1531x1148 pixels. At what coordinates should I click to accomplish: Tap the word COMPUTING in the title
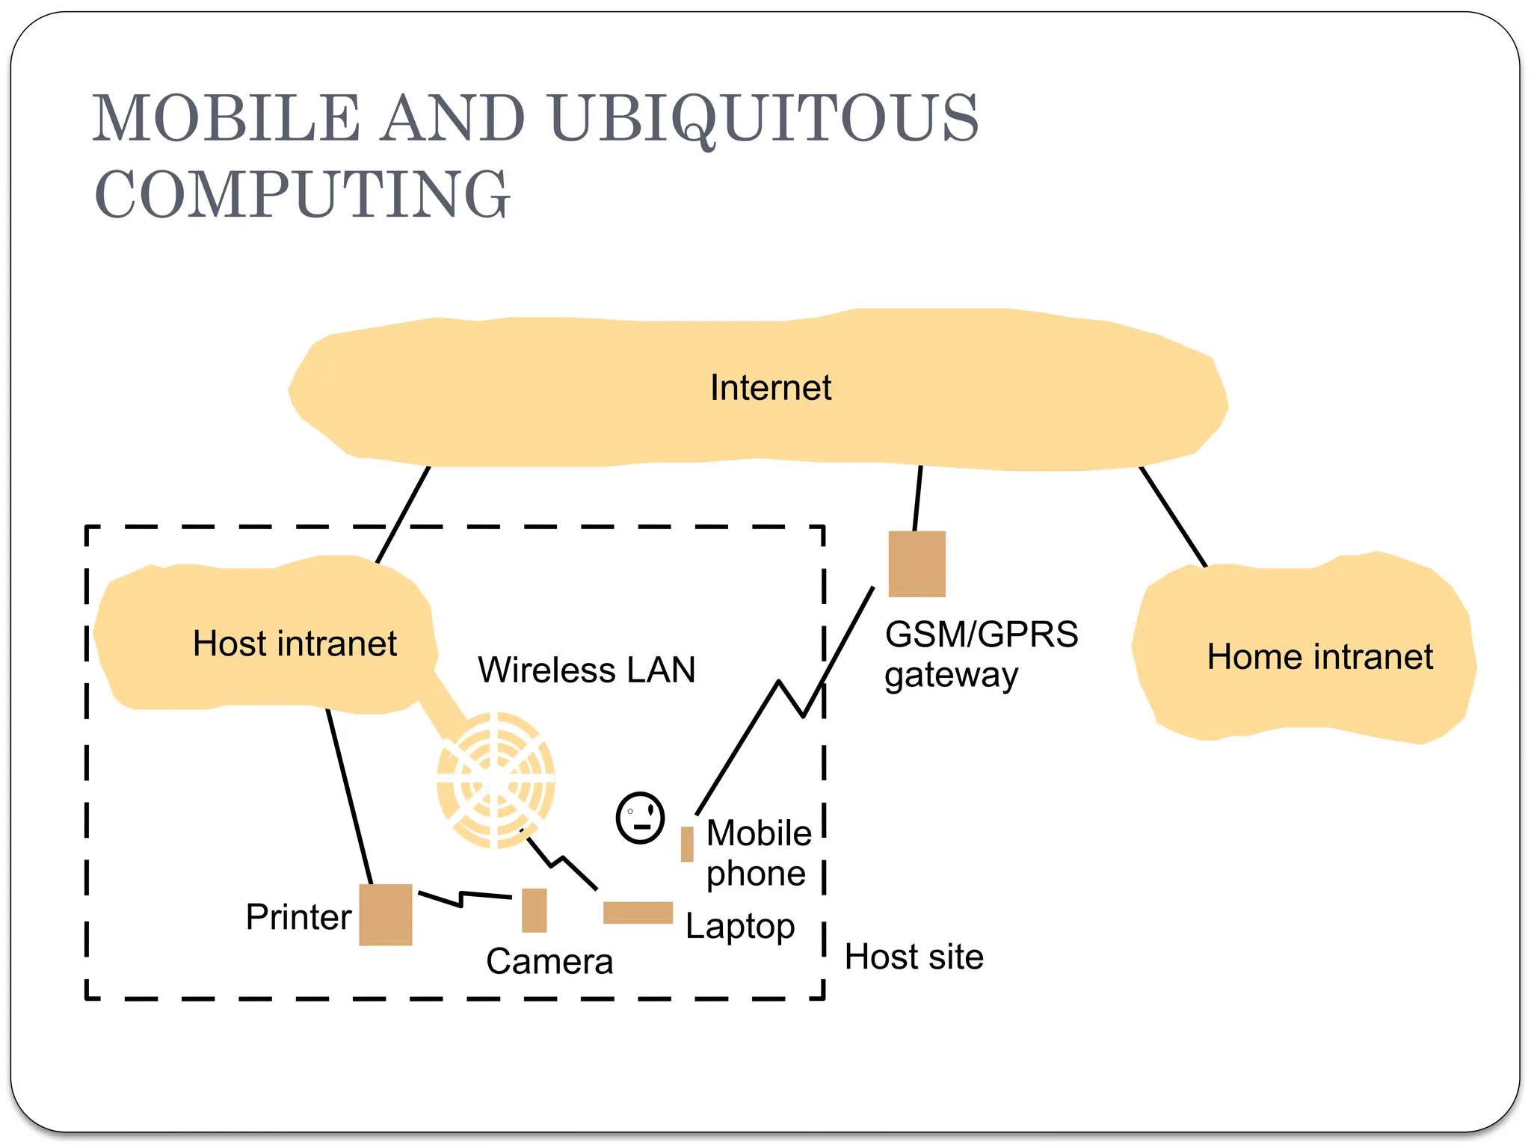(x=302, y=194)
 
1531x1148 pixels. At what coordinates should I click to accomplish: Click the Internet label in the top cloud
(x=770, y=388)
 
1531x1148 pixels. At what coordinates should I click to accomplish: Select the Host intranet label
(x=295, y=644)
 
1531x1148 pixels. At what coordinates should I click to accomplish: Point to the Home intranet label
(x=1319, y=657)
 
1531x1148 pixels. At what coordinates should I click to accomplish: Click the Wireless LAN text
(x=587, y=670)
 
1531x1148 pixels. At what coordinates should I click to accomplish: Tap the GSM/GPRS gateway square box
(x=917, y=564)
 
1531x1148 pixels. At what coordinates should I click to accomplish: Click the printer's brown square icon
(x=386, y=914)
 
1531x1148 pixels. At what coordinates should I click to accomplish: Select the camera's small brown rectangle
(x=534, y=910)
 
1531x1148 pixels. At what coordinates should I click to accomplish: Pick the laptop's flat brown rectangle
(x=638, y=913)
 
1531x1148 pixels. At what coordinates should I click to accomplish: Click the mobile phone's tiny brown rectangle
(x=686, y=844)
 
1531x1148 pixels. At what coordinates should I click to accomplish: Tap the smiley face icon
(x=640, y=818)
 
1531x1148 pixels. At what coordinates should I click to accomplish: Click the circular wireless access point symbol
(x=496, y=780)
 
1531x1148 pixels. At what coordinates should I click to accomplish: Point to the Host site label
(x=914, y=957)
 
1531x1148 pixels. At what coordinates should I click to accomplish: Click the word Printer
(x=298, y=917)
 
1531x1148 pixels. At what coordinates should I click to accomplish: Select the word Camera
(x=549, y=961)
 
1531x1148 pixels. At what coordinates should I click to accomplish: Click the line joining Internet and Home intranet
(x=1173, y=517)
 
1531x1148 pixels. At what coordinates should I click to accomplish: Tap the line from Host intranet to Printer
(x=349, y=796)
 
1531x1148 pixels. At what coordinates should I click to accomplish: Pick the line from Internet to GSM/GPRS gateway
(x=918, y=498)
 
